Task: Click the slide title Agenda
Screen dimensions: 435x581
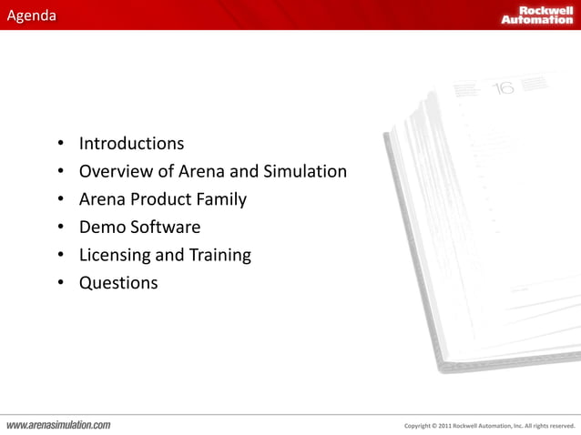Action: point(28,15)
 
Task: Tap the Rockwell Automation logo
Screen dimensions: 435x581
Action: point(536,15)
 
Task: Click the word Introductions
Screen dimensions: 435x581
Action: point(131,144)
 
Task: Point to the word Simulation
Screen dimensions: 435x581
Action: point(305,171)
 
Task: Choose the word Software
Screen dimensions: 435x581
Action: point(164,228)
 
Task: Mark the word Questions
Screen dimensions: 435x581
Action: point(118,284)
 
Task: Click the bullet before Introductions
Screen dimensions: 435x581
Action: point(60,145)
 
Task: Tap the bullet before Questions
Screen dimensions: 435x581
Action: point(60,284)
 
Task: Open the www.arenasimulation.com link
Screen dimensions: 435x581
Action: point(59,424)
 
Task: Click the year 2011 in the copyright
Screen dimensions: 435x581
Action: point(443,425)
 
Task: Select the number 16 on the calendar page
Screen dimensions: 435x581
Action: point(503,87)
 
